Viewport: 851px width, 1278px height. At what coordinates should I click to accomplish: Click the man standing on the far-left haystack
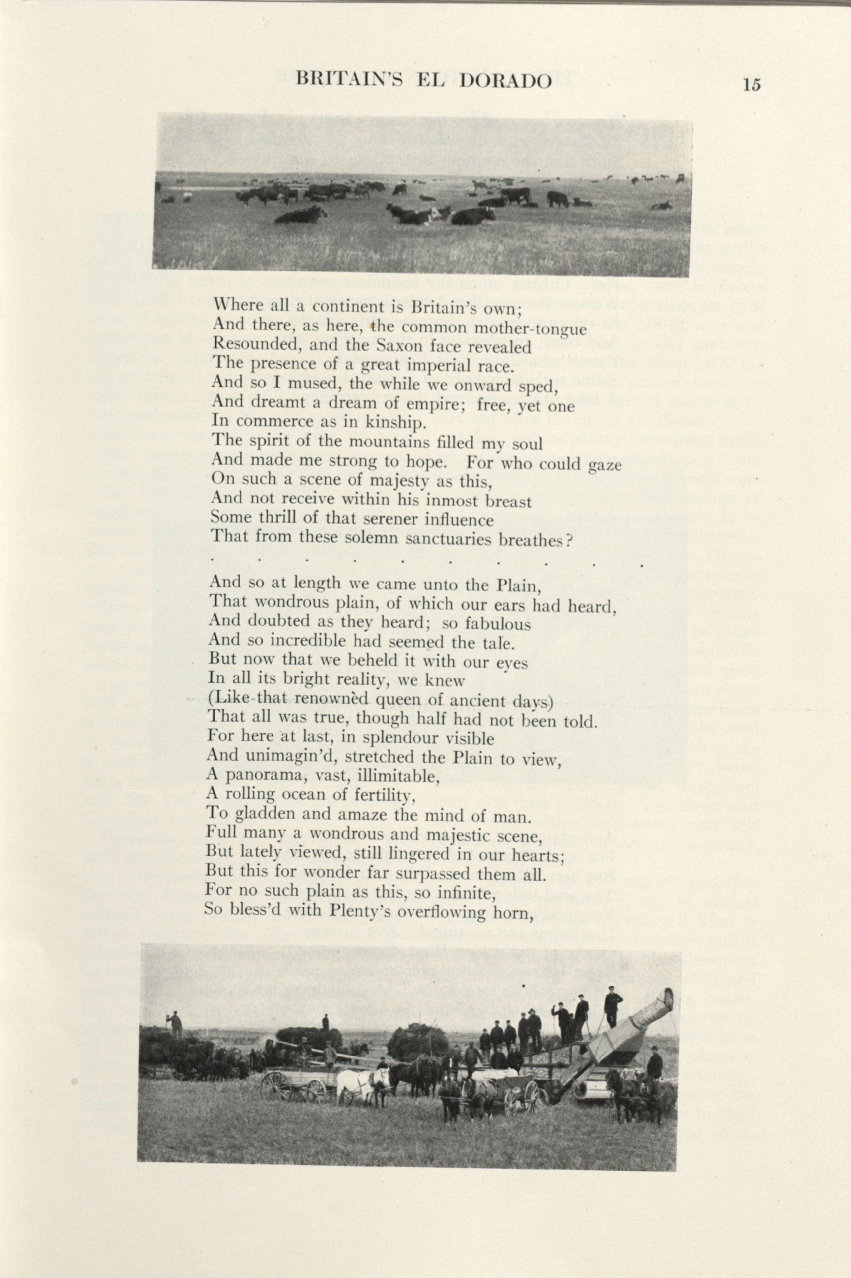[175, 1023]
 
